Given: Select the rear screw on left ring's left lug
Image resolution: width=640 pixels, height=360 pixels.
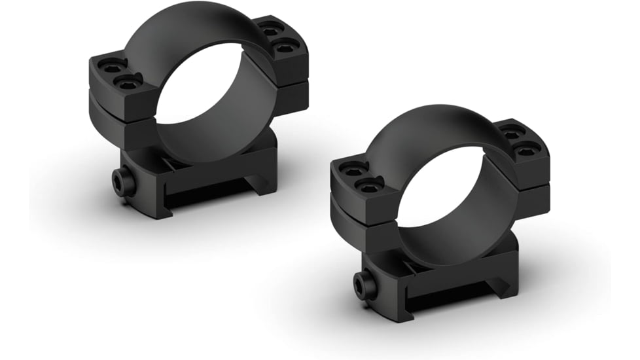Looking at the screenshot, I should coord(111,66).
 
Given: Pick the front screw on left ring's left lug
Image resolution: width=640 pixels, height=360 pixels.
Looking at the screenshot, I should coord(128,81).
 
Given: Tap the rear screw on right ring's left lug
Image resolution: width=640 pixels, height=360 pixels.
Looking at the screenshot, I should coord(354,169).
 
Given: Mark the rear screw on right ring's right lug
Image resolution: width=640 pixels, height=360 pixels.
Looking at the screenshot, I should coord(511,132).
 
